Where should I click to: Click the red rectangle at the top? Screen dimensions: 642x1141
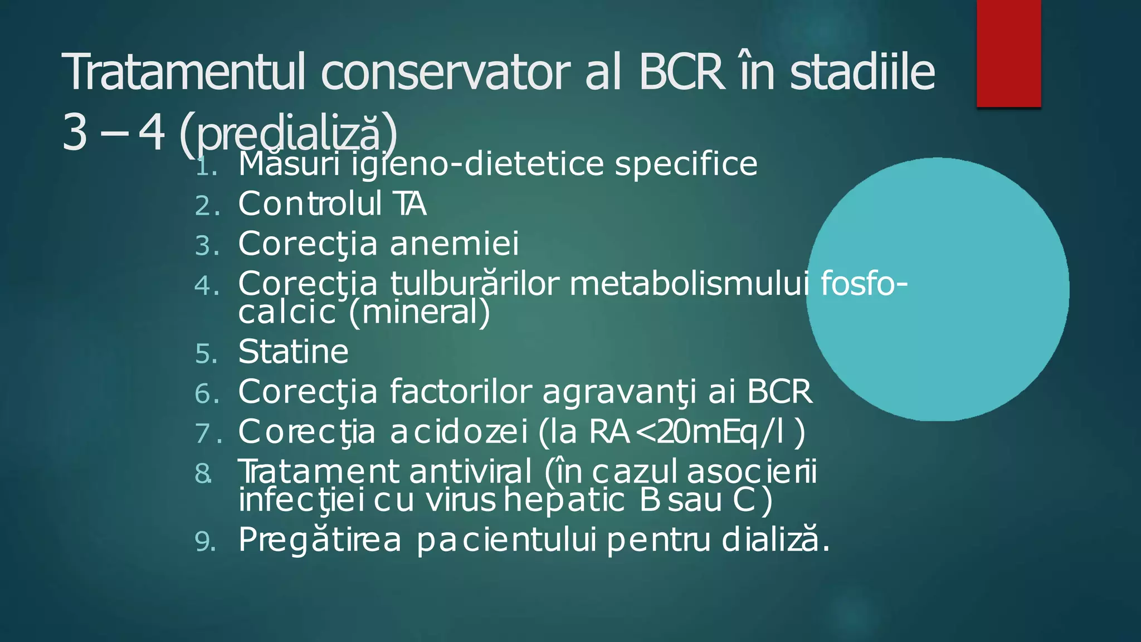(1008, 53)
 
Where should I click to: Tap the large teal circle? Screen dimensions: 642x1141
(938, 289)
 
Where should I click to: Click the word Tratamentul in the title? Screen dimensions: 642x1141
(184, 72)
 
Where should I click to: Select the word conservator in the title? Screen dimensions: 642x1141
(445, 72)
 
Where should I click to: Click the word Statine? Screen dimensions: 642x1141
(293, 352)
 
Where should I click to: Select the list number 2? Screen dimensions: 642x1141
(207, 206)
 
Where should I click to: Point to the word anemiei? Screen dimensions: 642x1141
(454, 244)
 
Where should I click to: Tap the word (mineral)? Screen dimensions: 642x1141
(419, 312)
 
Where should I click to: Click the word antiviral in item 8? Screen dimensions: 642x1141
(471, 472)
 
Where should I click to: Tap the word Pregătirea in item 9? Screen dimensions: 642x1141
(320, 540)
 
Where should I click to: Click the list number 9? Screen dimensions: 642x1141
(206, 542)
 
